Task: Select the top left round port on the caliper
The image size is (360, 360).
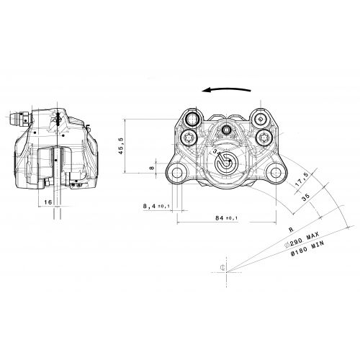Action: (192, 120)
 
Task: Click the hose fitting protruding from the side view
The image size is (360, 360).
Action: (20, 120)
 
